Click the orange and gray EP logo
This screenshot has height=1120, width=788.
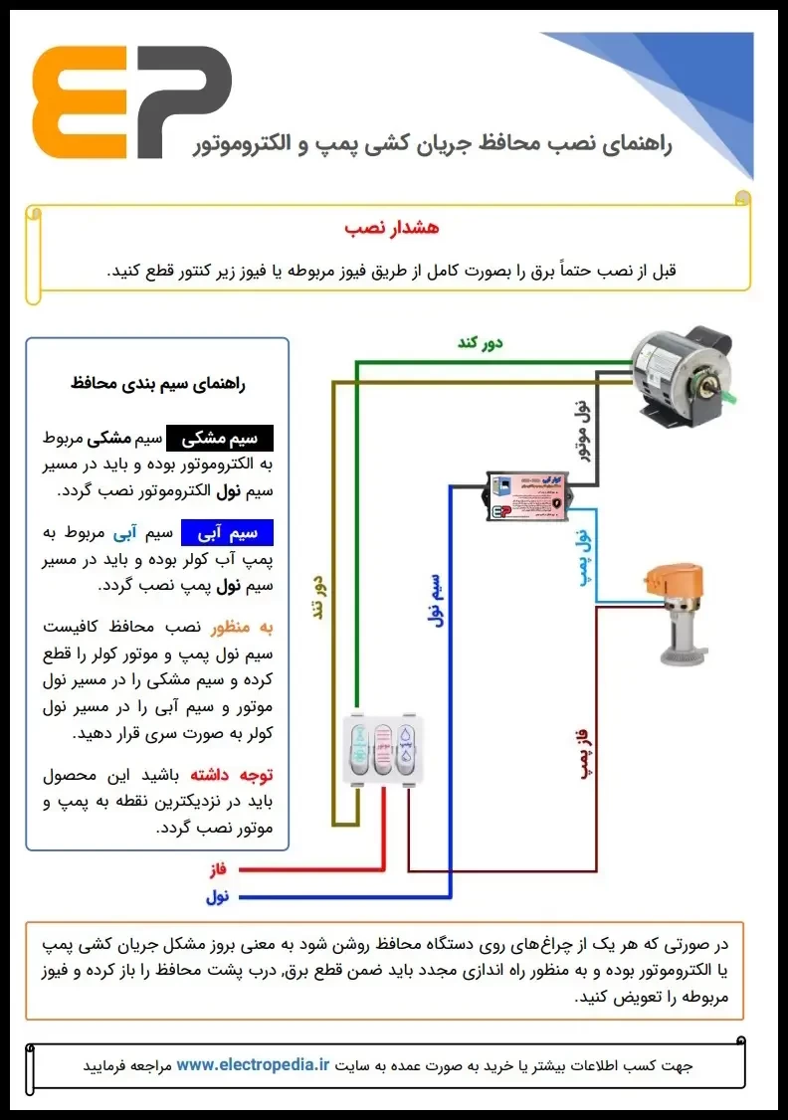pos(131,102)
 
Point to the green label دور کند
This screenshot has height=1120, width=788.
pos(480,343)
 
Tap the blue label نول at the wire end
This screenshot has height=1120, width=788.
pos(217,897)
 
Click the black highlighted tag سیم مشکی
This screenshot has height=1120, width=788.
pos(219,438)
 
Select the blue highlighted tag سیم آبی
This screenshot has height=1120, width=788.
pos(227,533)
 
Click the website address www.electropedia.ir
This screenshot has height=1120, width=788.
pos(253,1064)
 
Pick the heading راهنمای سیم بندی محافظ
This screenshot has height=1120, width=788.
pos(158,382)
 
